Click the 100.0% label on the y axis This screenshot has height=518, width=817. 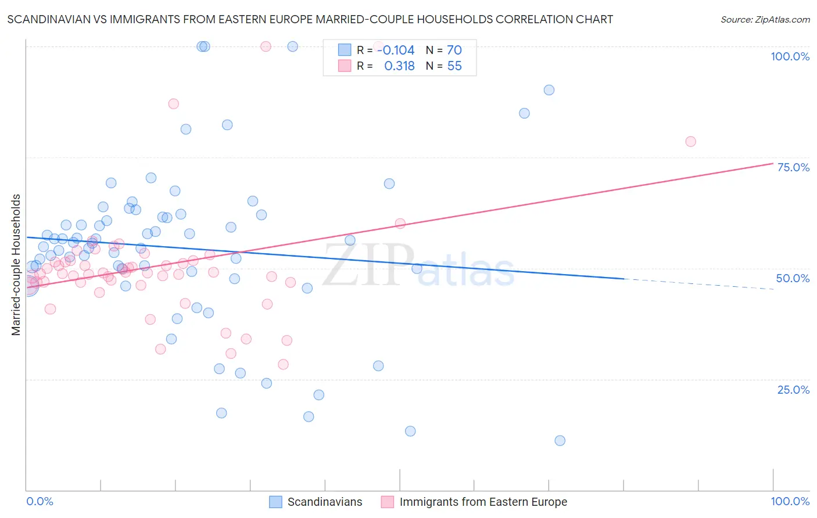point(790,56)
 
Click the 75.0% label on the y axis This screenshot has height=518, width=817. point(793,167)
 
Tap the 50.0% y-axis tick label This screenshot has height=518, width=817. point(793,278)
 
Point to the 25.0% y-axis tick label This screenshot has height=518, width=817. point(793,390)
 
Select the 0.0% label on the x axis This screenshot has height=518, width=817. point(40,501)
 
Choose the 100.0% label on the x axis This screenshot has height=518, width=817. point(790,501)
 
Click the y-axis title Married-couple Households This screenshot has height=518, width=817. point(16,265)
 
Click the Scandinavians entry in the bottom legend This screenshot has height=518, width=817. point(324,502)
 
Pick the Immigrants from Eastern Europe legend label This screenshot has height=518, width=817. point(483,502)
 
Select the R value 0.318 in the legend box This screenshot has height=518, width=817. point(400,66)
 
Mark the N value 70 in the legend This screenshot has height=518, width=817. point(454,51)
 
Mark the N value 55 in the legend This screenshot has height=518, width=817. point(454,66)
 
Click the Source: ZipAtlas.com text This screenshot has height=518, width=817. point(765,20)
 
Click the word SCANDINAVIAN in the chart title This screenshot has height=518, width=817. point(51,20)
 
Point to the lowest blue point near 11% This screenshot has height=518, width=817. point(560,441)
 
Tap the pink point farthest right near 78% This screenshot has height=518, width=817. point(690,142)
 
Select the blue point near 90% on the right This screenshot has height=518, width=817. point(549,90)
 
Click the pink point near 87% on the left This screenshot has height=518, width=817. point(173,104)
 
